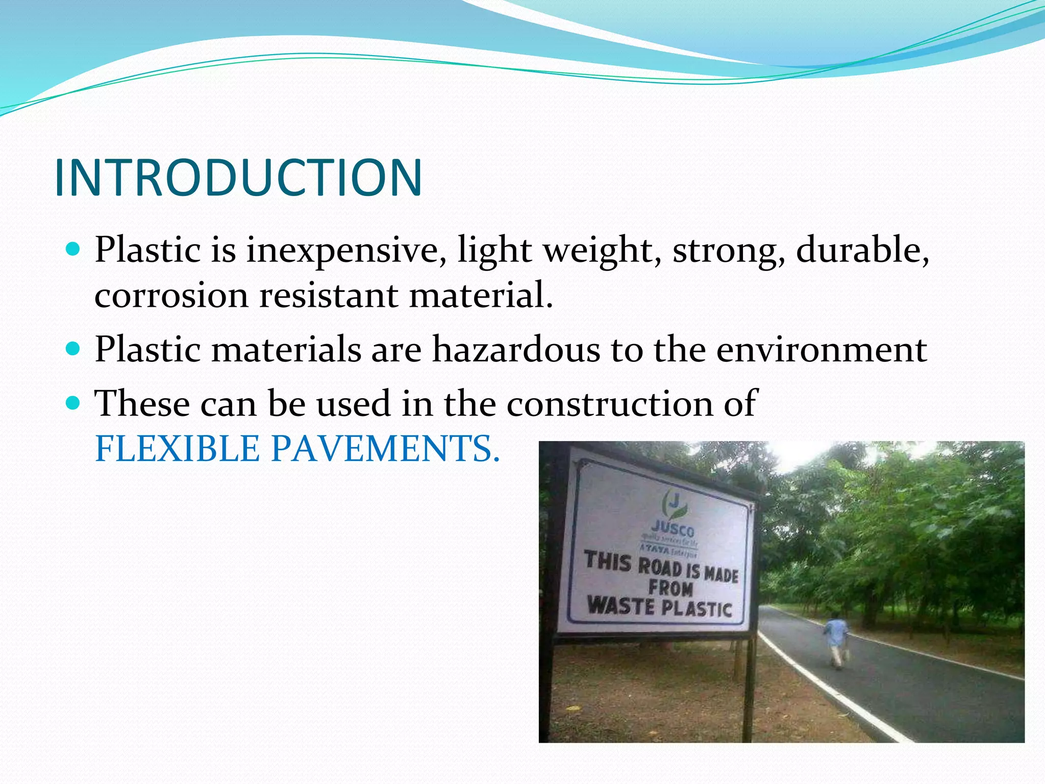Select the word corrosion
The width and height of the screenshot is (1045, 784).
click(x=171, y=296)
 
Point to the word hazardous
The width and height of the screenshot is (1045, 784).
click(x=516, y=350)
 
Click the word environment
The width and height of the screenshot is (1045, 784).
click(x=822, y=350)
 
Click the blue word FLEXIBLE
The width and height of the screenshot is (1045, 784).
click(x=178, y=449)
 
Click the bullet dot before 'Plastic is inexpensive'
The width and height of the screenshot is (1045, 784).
click(x=74, y=250)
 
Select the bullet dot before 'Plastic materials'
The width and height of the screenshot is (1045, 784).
click(x=74, y=349)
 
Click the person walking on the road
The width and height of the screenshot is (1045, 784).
click(x=835, y=641)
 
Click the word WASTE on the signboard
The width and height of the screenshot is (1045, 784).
click(x=620, y=606)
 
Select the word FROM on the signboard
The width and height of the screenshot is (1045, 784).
click(x=670, y=587)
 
